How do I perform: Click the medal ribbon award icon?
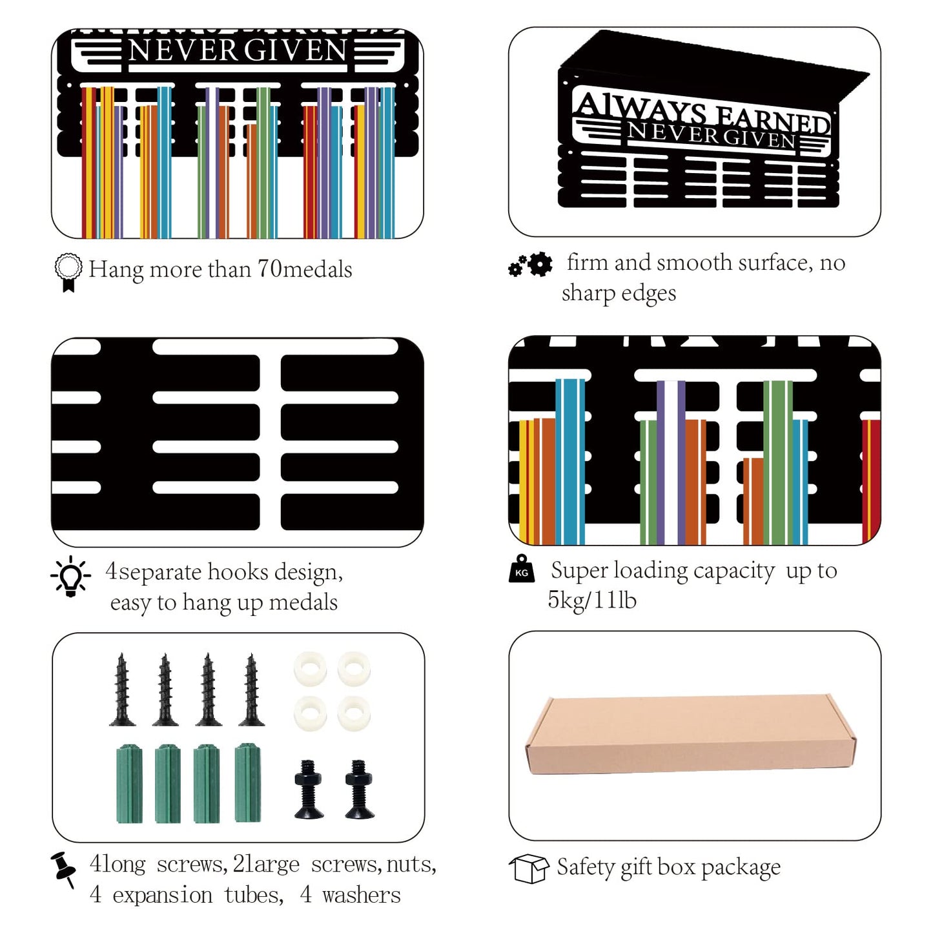pos(68,272)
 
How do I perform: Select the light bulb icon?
pos(70,576)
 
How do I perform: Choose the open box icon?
pos(529,868)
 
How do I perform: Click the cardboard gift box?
pos(690,734)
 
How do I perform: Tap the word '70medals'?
pos(305,269)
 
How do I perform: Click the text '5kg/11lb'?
pos(591,600)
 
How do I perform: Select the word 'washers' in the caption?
pos(361,896)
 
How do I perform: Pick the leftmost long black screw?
pos(122,690)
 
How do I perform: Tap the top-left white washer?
pos(310,669)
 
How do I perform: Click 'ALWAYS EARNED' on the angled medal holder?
pos(702,113)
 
